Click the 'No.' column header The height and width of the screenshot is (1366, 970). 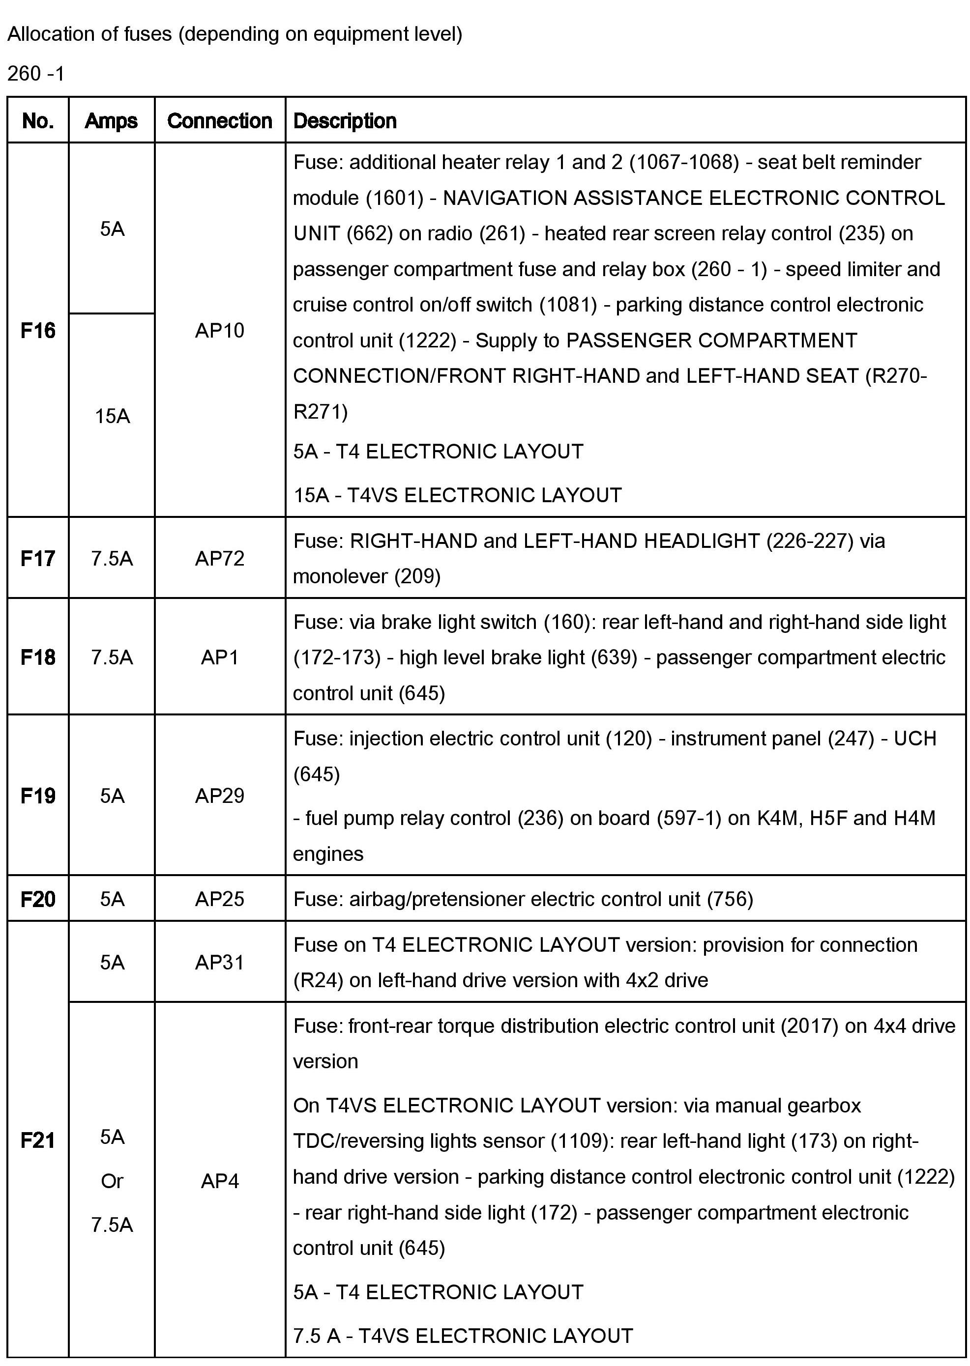tap(38, 120)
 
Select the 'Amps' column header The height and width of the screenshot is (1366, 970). tap(111, 120)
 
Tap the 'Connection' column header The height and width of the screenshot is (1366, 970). tap(220, 120)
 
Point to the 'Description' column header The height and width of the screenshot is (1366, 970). tap(345, 120)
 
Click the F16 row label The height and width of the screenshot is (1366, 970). tap(38, 330)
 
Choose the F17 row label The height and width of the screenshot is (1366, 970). tap(38, 558)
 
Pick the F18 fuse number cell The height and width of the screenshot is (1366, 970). tap(38, 657)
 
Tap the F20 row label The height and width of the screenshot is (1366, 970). tap(38, 899)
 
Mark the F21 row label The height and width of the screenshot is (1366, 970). tap(38, 1140)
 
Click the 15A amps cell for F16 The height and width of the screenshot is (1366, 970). tap(112, 416)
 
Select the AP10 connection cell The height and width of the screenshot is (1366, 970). tap(220, 330)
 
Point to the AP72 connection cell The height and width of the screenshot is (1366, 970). tap(220, 558)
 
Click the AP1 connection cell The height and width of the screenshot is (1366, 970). tap(220, 657)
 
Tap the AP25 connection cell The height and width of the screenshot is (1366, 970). tap(220, 899)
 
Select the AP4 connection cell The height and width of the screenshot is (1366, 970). tap(220, 1181)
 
